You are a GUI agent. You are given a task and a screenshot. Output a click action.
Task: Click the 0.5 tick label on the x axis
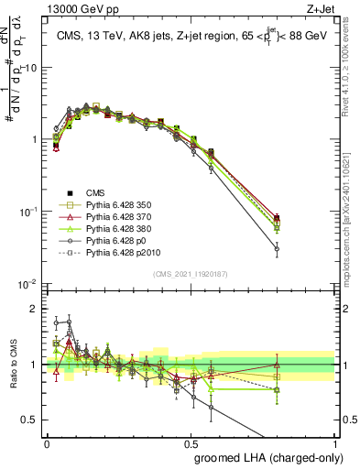(x=190, y=442)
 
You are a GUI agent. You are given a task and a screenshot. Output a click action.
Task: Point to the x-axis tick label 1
(x=333, y=442)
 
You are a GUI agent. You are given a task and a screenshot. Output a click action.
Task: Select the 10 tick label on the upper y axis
(x=30, y=68)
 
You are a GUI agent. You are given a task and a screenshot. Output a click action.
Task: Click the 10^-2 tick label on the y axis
(x=27, y=283)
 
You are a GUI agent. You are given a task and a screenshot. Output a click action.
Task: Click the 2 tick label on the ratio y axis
(x=34, y=309)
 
